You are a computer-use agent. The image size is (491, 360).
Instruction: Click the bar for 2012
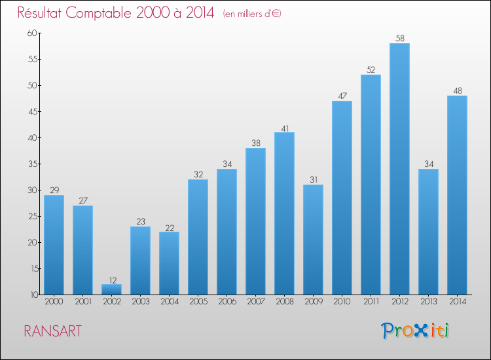pyautogui.click(x=399, y=169)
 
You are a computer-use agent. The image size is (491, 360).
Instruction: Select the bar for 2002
pyautogui.click(x=111, y=289)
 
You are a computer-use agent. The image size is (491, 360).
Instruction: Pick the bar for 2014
pyautogui.click(x=457, y=195)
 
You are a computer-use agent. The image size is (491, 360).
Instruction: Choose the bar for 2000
pyautogui.click(x=54, y=245)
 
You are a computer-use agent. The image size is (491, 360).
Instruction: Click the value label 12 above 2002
pyautogui.click(x=111, y=279)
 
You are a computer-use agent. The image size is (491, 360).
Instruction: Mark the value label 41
pyautogui.click(x=284, y=128)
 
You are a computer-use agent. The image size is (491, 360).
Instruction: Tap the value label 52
pyautogui.click(x=371, y=70)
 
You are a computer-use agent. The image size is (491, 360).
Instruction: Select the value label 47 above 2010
pyautogui.click(x=342, y=96)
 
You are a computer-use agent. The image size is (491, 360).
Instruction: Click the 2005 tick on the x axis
pyautogui.click(x=198, y=302)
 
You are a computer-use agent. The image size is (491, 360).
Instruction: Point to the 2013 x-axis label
pyautogui.click(x=428, y=302)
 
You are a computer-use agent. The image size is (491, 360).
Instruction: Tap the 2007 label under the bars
pyautogui.click(x=255, y=302)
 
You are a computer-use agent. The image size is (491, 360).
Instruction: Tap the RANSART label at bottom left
pyautogui.click(x=52, y=331)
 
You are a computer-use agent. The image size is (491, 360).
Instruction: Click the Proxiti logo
pyautogui.click(x=415, y=331)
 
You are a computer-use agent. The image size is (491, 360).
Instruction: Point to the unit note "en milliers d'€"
pyautogui.click(x=252, y=14)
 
